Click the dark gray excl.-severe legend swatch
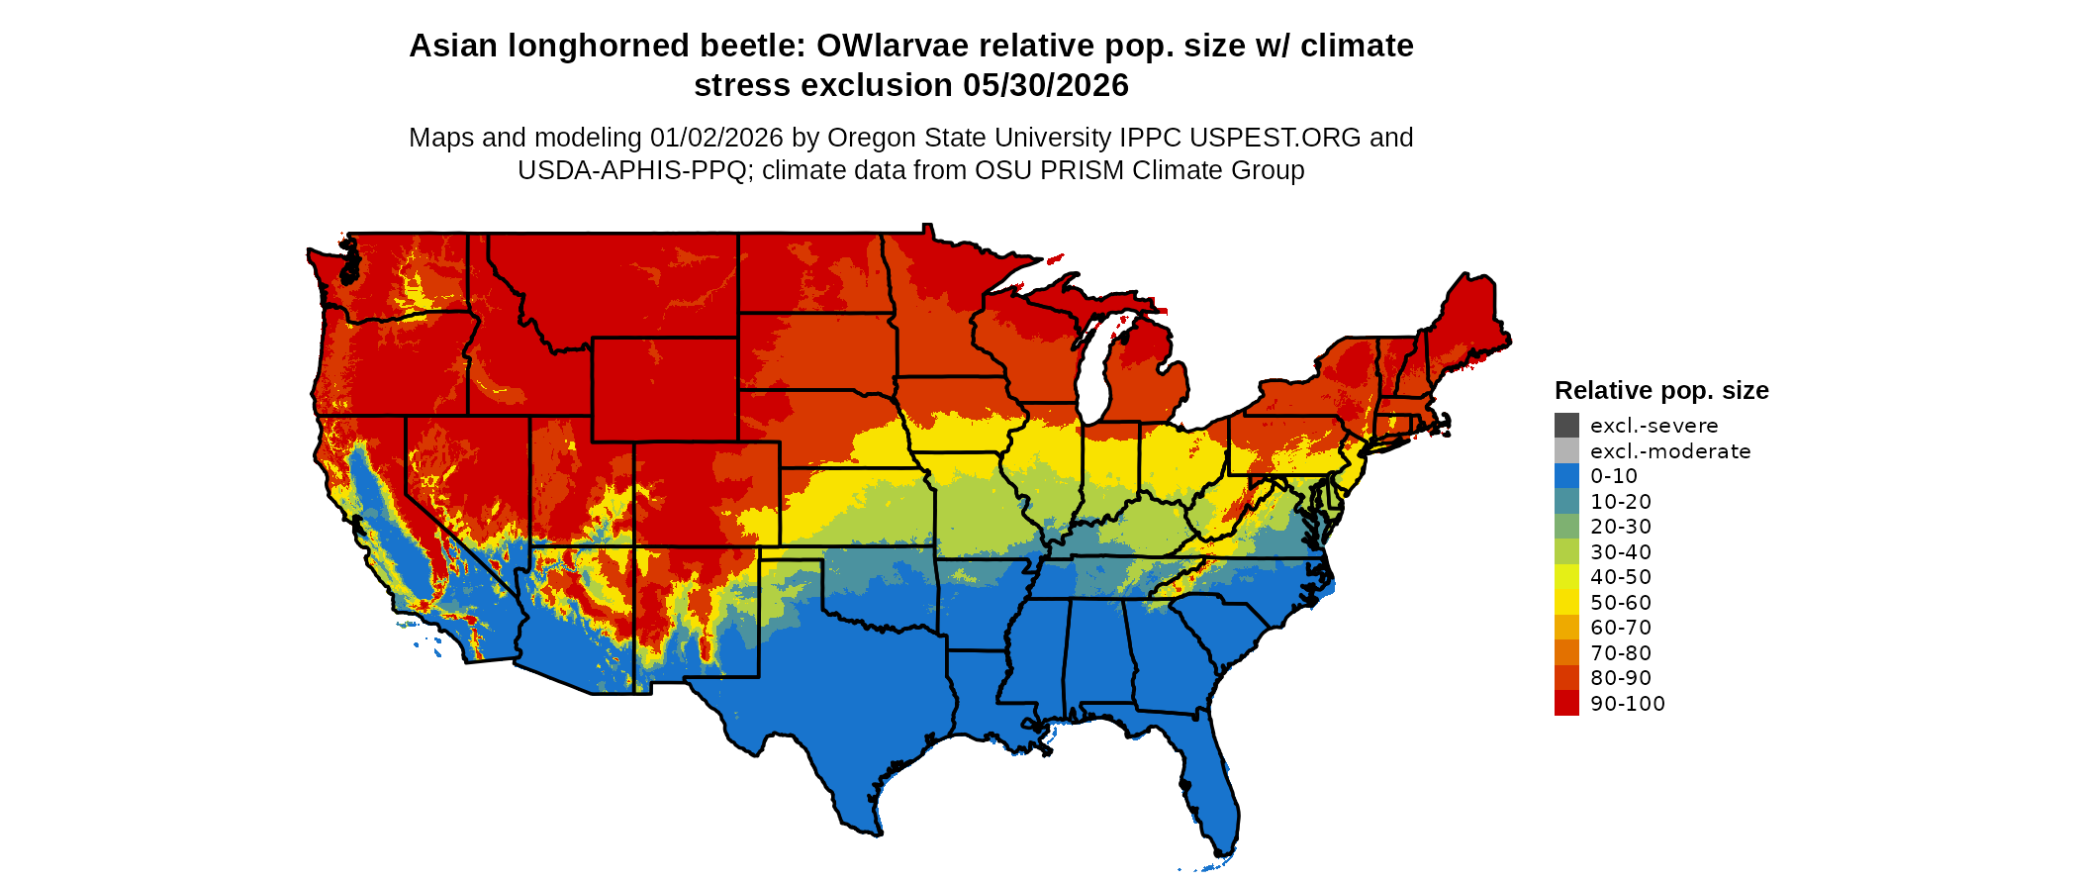[x=1566, y=426]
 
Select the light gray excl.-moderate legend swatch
[x=1566, y=450]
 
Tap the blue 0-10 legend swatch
[x=1566, y=476]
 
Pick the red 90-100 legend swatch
[x=1566, y=703]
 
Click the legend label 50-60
[x=1621, y=603]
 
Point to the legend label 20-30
[x=1621, y=527]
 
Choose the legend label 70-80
[x=1621, y=653]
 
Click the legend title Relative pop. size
[x=1661, y=390]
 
